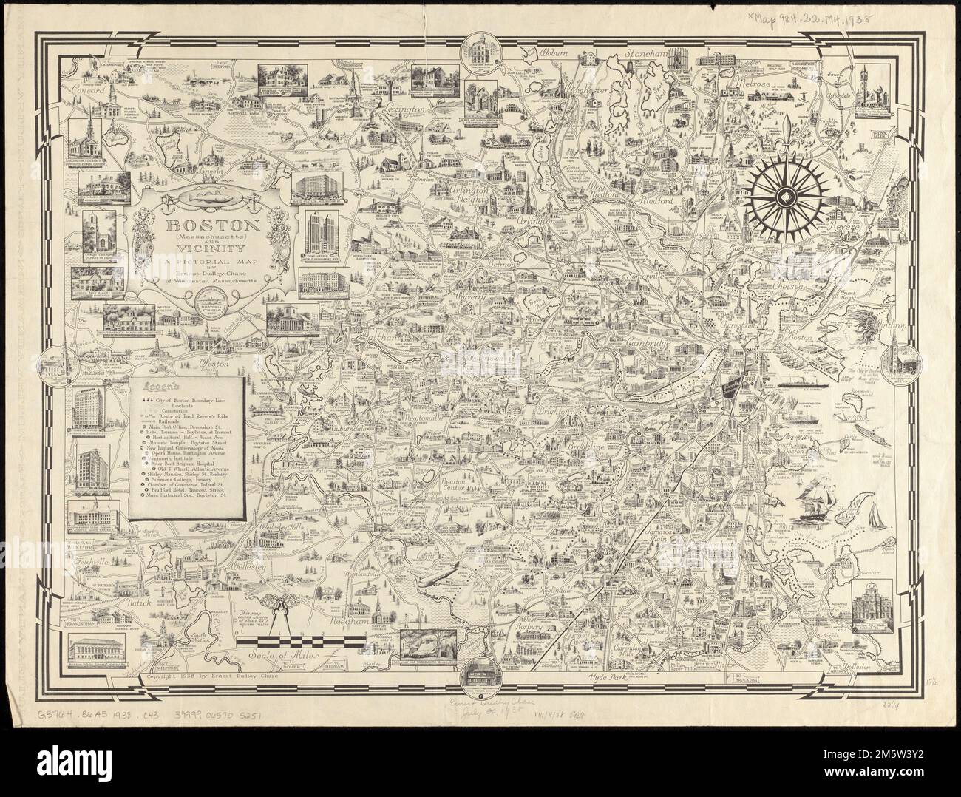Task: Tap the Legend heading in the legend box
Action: (163, 386)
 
